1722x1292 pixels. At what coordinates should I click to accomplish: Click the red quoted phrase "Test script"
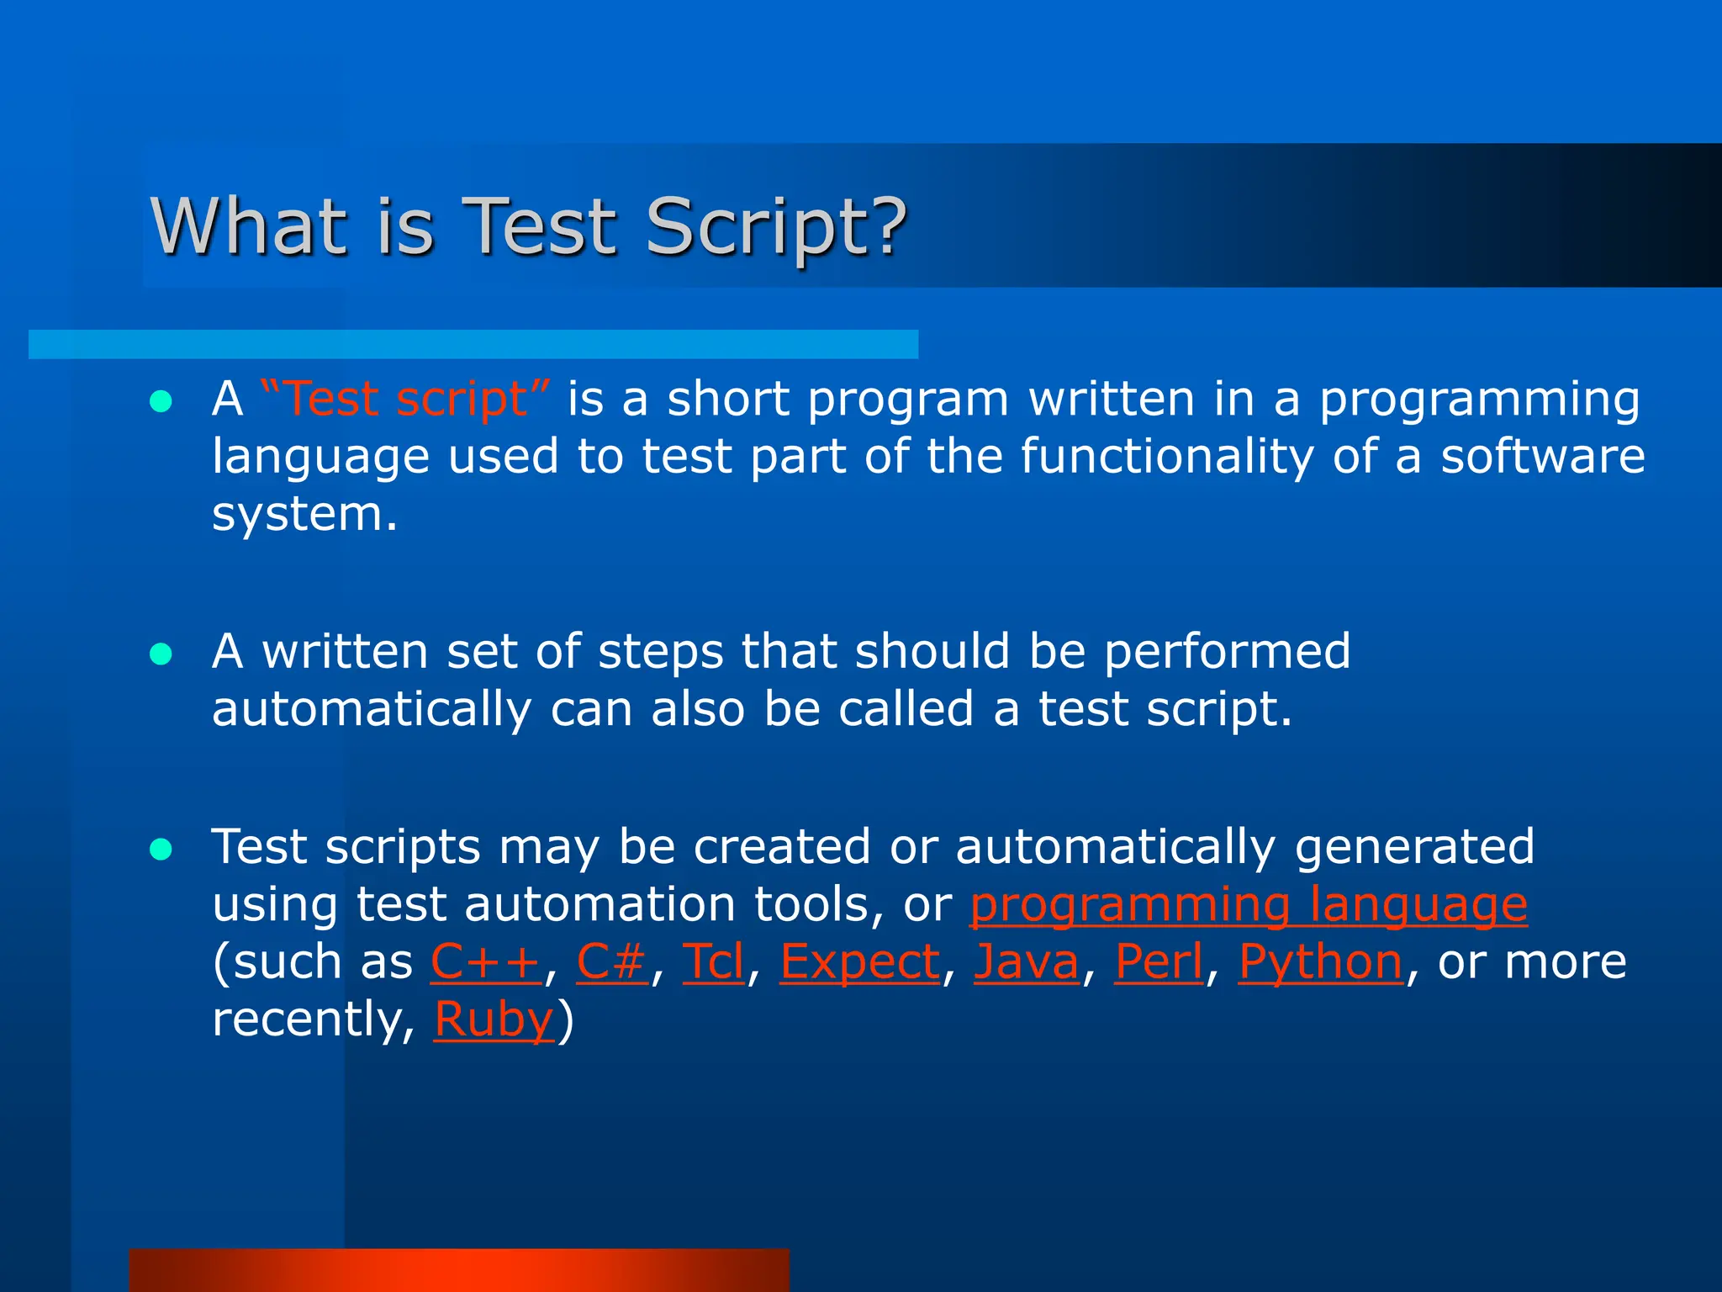coord(406,398)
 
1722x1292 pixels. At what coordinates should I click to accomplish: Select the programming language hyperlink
coord(1249,904)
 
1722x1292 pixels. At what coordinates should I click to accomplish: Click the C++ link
coord(486,961)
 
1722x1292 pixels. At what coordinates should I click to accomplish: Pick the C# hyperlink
coord(611,961)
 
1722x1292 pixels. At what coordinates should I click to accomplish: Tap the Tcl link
coord(713,961)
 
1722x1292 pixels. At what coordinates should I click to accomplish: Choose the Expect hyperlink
coord(860,961)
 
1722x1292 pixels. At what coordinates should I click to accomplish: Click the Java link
coord(1026,961)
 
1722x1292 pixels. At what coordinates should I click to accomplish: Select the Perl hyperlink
coord(1159,961)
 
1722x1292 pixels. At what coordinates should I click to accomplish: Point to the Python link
coord(1320,961)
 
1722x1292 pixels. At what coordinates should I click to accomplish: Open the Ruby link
coord(494,1019)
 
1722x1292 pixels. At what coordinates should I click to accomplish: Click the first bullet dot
coord(161,401)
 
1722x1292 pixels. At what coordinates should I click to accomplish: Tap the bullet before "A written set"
coord(161,654)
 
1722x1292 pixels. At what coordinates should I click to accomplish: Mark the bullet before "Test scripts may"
coord(161,850)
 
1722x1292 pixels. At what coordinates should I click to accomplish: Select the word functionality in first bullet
coord(1166,456)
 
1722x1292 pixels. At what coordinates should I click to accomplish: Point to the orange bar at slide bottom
coord(459,1270)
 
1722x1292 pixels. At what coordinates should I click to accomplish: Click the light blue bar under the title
coord(473,344)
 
